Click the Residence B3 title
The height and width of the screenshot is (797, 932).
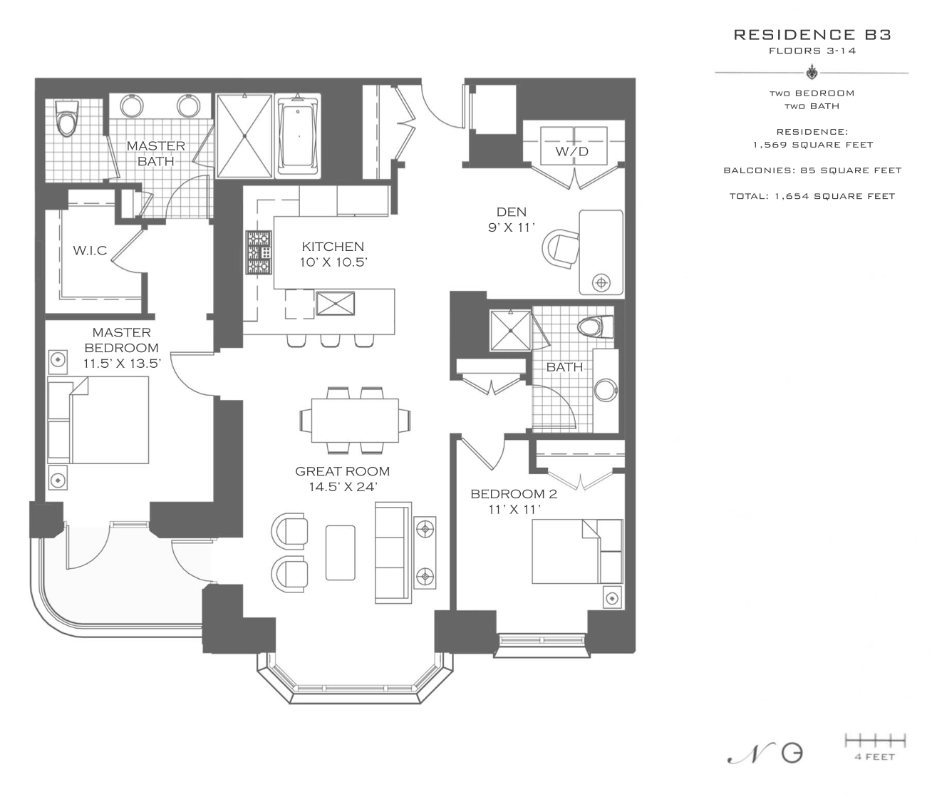pos(812,35)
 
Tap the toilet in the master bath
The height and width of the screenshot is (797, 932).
pos(67,118)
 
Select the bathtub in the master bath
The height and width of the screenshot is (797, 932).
pos(297,135)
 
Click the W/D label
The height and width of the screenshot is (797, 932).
pos(571,152)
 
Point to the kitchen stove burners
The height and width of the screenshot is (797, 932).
pos(259,252)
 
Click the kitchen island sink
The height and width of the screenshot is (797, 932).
pos(335,304)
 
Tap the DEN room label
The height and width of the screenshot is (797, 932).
pos(512,212)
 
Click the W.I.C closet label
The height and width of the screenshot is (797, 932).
pos(90,250)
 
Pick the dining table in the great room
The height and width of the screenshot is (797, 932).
pos(355,420)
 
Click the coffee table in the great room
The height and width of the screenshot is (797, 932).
pos(340,552)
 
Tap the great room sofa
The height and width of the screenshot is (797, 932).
pos(393,552)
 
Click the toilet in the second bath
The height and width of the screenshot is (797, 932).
pos(596,327)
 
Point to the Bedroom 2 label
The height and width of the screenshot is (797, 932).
pos(514,494)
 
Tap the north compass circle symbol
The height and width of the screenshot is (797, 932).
pos(792,754)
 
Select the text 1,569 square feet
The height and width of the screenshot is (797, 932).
pos(813,145)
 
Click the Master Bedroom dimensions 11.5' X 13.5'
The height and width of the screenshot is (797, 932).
pos(122,363)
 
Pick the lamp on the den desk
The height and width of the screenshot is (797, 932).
pos(601,283)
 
